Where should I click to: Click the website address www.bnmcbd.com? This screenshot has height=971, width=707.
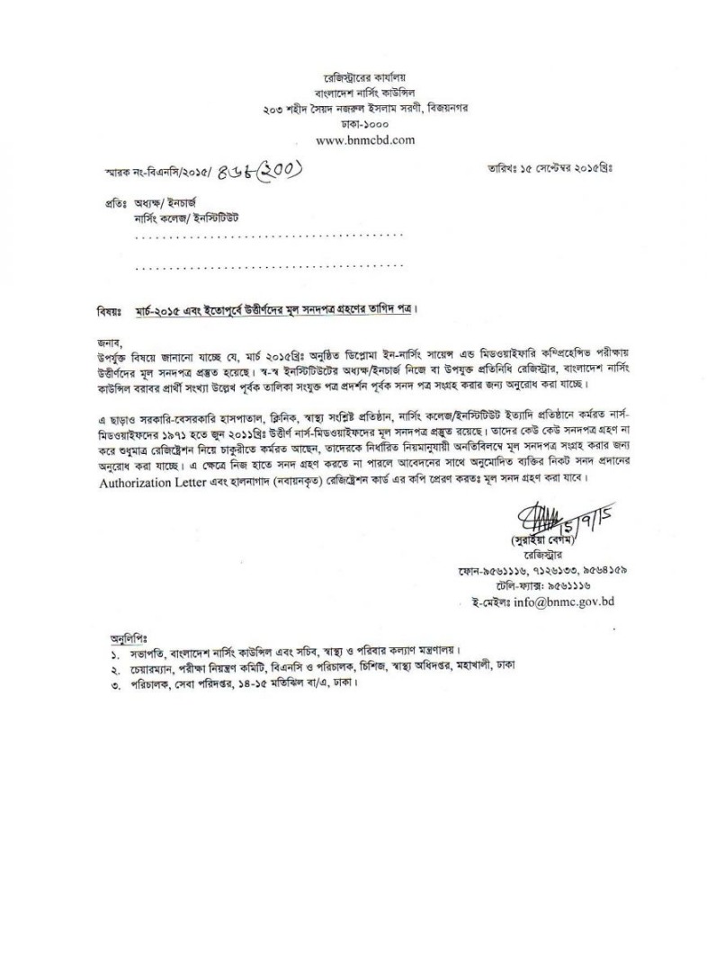pyautogui.click(x=365, y=140)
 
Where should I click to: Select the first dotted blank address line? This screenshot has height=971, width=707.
pyautogui.click(x=269, y=236)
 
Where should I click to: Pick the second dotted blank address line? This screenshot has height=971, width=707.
pyautogui.click(x=269, y=267)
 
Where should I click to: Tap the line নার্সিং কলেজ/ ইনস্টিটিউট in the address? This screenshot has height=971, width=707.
pyautogui.click(x=186, y=219)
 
